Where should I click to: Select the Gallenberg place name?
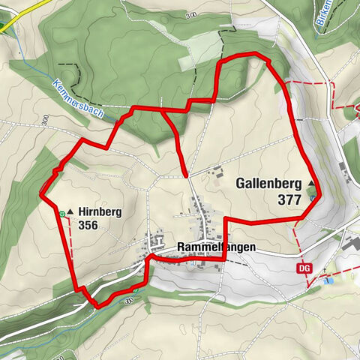pos(268,183)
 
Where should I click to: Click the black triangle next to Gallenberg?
pos(311,183)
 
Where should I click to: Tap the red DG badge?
pos(304,268)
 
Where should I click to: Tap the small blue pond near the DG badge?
pos(328,280)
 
